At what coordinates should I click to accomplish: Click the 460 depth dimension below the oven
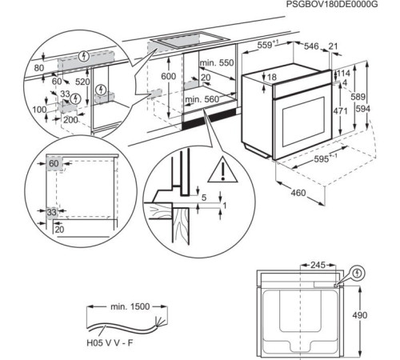click(298, 193)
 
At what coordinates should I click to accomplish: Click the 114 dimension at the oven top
click(343, 74)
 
